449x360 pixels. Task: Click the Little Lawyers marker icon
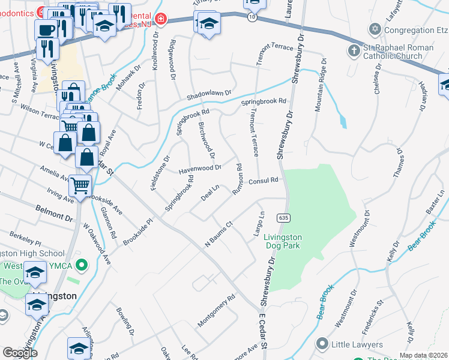point(322,344)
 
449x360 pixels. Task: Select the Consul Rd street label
point(264,181)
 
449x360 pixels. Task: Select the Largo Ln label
point(261,223)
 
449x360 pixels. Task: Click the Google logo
point(20,353)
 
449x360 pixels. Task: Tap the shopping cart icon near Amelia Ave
point(80,186)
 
